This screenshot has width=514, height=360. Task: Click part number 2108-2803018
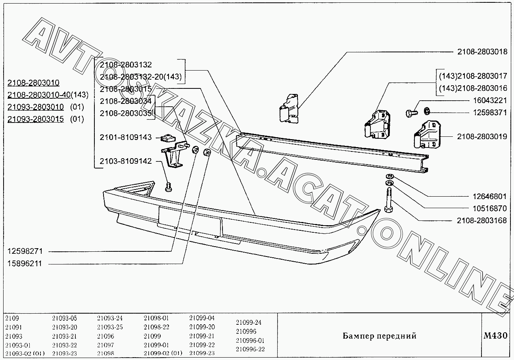482,52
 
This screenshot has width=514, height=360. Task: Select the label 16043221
490,101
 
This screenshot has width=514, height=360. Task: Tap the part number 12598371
490,113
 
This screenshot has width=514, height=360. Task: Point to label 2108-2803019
482,137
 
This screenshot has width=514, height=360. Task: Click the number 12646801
490,196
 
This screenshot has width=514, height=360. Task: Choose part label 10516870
490,208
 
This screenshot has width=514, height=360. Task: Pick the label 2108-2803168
482,220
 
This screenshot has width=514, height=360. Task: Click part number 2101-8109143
126,138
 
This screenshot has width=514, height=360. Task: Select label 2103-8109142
126,161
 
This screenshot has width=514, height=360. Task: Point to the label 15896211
25,264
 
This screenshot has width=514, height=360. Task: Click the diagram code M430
495,336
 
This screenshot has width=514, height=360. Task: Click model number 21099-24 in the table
248,322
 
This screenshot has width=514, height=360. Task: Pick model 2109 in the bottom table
12,318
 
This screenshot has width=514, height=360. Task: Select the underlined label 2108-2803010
33,83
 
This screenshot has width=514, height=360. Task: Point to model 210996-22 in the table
250,349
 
